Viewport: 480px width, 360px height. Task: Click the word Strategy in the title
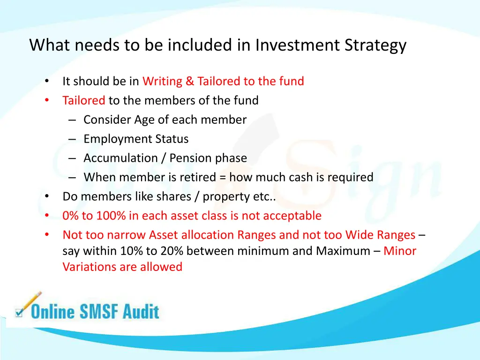tap(375, 45)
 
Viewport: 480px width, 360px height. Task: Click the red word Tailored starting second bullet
tap(84, 100)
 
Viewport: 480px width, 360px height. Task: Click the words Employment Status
tap(136, 139)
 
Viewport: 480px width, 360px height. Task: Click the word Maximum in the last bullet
tap(343, 251)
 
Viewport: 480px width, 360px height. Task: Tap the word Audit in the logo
tap(141, 311)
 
